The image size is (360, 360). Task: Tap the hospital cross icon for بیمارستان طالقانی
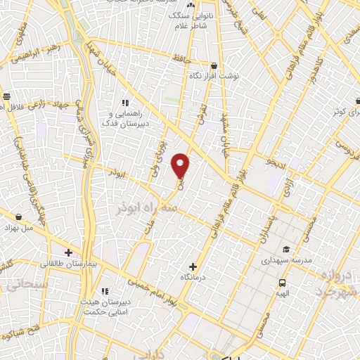click(x=68, y=252)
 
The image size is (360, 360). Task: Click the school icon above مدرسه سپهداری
click(x=286, y=249)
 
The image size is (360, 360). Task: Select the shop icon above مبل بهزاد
click(x=18, y=217)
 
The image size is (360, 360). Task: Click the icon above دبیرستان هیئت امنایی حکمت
click(x=105, y=291)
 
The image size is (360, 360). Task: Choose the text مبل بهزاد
click(x=19, y=229)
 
